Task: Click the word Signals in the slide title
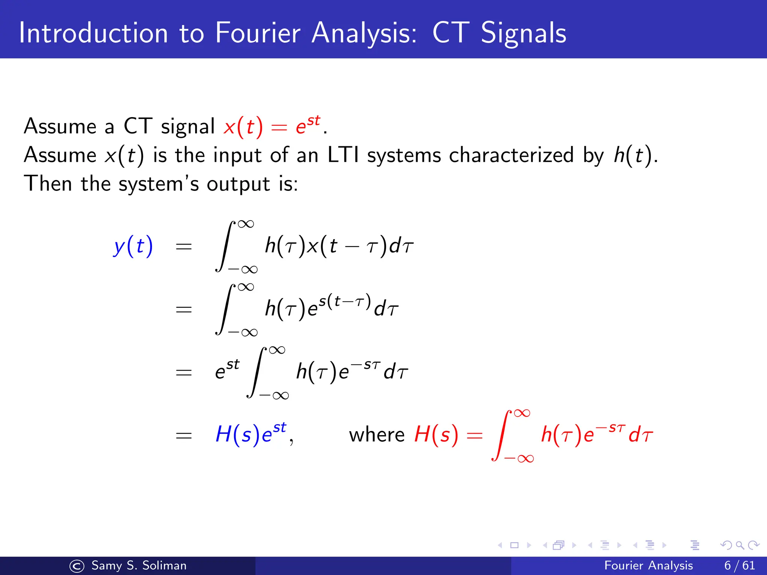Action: (523, 33)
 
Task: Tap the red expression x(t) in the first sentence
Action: (243, 127)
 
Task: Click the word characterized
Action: (511, 155)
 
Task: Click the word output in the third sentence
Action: (238, 184)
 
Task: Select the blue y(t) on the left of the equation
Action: (133, 246)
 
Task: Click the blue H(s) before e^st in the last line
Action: (237, 435)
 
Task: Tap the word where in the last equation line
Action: (376, 435)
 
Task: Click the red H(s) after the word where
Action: (436, 435)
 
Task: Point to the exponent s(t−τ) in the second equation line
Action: (345, 301)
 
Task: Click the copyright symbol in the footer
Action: (77, 566)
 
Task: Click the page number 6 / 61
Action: (740, 565)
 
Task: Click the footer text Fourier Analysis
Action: (648, 565)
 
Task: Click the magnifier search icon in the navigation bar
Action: (740, 545)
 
